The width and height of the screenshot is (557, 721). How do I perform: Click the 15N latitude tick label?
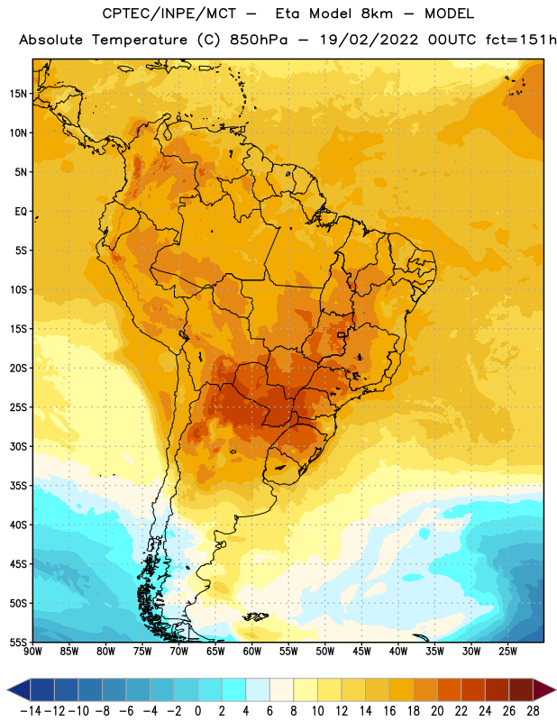[x=18, y=94]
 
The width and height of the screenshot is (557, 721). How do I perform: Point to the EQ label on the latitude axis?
[x=21, y=212]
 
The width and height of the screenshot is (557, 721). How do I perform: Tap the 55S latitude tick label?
[x=18, y=643]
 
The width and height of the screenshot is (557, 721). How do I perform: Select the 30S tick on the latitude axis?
[x=18, y=446]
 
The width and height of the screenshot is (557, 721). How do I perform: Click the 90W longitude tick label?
[x=32, y=652]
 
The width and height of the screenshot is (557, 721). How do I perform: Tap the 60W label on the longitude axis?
[x=252, y=652]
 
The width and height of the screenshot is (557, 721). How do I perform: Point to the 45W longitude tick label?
[x=361, y=652]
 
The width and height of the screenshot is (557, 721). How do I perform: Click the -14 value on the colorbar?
[x=32, y=711]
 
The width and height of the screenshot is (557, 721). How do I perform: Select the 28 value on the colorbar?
[x=533, y=711]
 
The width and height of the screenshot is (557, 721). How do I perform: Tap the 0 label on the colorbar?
[x=197, y=711]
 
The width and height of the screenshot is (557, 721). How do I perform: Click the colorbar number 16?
[x=389, y=711]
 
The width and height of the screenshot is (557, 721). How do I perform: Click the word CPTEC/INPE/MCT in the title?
[x=169, y=14]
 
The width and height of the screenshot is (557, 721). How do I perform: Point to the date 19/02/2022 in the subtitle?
[x=369, y=40]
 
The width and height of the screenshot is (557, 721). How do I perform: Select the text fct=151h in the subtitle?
[x=521, y=40]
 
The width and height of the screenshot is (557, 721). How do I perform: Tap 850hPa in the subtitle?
[x=259, y=40]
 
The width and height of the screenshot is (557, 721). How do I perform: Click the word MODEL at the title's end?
[x=450, y=14]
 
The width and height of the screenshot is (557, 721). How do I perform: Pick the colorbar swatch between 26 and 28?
[x=521, y=689]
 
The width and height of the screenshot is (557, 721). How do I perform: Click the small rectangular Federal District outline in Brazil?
[x=341, y=335]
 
